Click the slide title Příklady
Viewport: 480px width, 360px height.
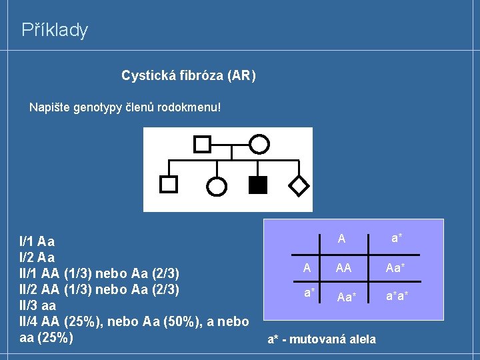[x=55, y=30]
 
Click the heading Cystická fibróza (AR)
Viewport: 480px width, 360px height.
[x=188, y=76]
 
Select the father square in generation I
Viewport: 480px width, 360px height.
[x=202, y=143]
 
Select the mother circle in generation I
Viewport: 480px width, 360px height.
[x=259, y=143]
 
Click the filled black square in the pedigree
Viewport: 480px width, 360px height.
[x=257, y=185]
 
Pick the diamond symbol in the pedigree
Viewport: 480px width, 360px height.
[x=300, y=185]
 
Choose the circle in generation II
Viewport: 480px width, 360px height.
[x=217, y=187]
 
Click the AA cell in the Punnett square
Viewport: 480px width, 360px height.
[x=344, y=268]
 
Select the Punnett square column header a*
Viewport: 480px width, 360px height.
[x=397, y=238]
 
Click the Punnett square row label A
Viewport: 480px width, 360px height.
[x=307, y=267]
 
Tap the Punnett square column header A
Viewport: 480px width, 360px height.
[x=341, y=238]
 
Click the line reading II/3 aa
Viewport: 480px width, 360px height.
[x=38, y=307]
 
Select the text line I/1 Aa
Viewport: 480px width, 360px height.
[x=37, y=241]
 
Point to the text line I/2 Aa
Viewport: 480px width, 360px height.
[x=37, y=257]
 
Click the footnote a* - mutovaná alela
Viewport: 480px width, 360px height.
[x=321, y=339]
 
